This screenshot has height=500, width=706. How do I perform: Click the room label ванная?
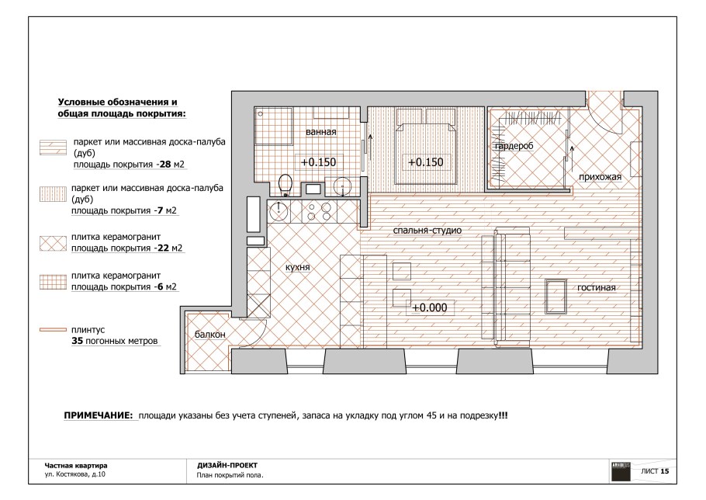coord(320,132)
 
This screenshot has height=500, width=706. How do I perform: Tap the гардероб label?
coord(514,146)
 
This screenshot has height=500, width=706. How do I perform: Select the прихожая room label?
coord(600,177)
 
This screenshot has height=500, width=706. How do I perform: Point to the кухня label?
coord(298,267)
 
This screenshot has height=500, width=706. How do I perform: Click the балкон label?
coord(209,334)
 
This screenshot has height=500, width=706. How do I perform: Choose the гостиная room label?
coord(596,287)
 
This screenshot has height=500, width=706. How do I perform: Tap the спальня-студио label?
coord(427,231)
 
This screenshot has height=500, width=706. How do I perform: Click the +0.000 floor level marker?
coord(430,307)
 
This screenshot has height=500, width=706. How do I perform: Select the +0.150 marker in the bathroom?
coord(318,162)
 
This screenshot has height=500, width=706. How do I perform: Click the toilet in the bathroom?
coord(286,185)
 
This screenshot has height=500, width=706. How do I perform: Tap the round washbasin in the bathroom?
coord(343,186)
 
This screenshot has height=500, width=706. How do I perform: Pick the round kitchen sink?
coord(279,210)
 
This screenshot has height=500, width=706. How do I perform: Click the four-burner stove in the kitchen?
coord(318,211)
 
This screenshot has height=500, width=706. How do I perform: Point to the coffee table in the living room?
coord(556,296)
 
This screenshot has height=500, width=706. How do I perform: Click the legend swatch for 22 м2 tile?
coord(53,243)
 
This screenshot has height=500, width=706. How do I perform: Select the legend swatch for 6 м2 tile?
coord(53,282)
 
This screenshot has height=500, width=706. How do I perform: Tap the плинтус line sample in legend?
coord(53,330)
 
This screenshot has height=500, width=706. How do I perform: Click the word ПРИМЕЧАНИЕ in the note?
coord(99,415)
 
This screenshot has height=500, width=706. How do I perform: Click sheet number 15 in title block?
coord(665,471)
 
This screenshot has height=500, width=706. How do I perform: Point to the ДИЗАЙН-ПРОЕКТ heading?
coord(227,465)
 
